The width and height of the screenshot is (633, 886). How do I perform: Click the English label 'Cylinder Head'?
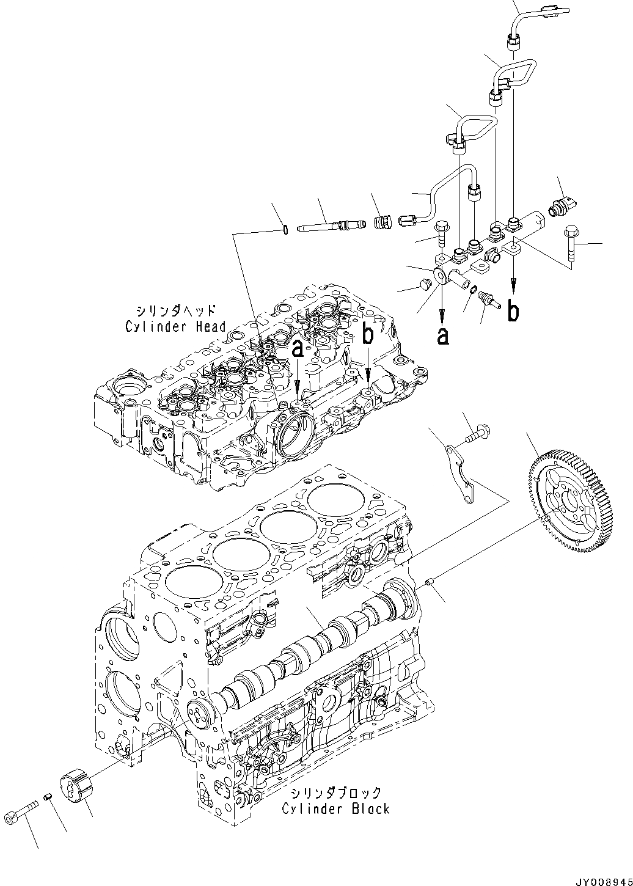click(x=175, y=326)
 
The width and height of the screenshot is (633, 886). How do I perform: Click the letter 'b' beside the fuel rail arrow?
click(x=514, y=311)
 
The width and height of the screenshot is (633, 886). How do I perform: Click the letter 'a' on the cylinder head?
click(x=298, y=350)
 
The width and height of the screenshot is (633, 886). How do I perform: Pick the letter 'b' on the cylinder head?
click(x=368, y=334)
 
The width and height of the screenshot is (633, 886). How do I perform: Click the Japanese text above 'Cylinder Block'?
click(x=335, y=793)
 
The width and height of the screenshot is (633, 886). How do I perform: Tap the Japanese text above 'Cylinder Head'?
click(x=175, y=310)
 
